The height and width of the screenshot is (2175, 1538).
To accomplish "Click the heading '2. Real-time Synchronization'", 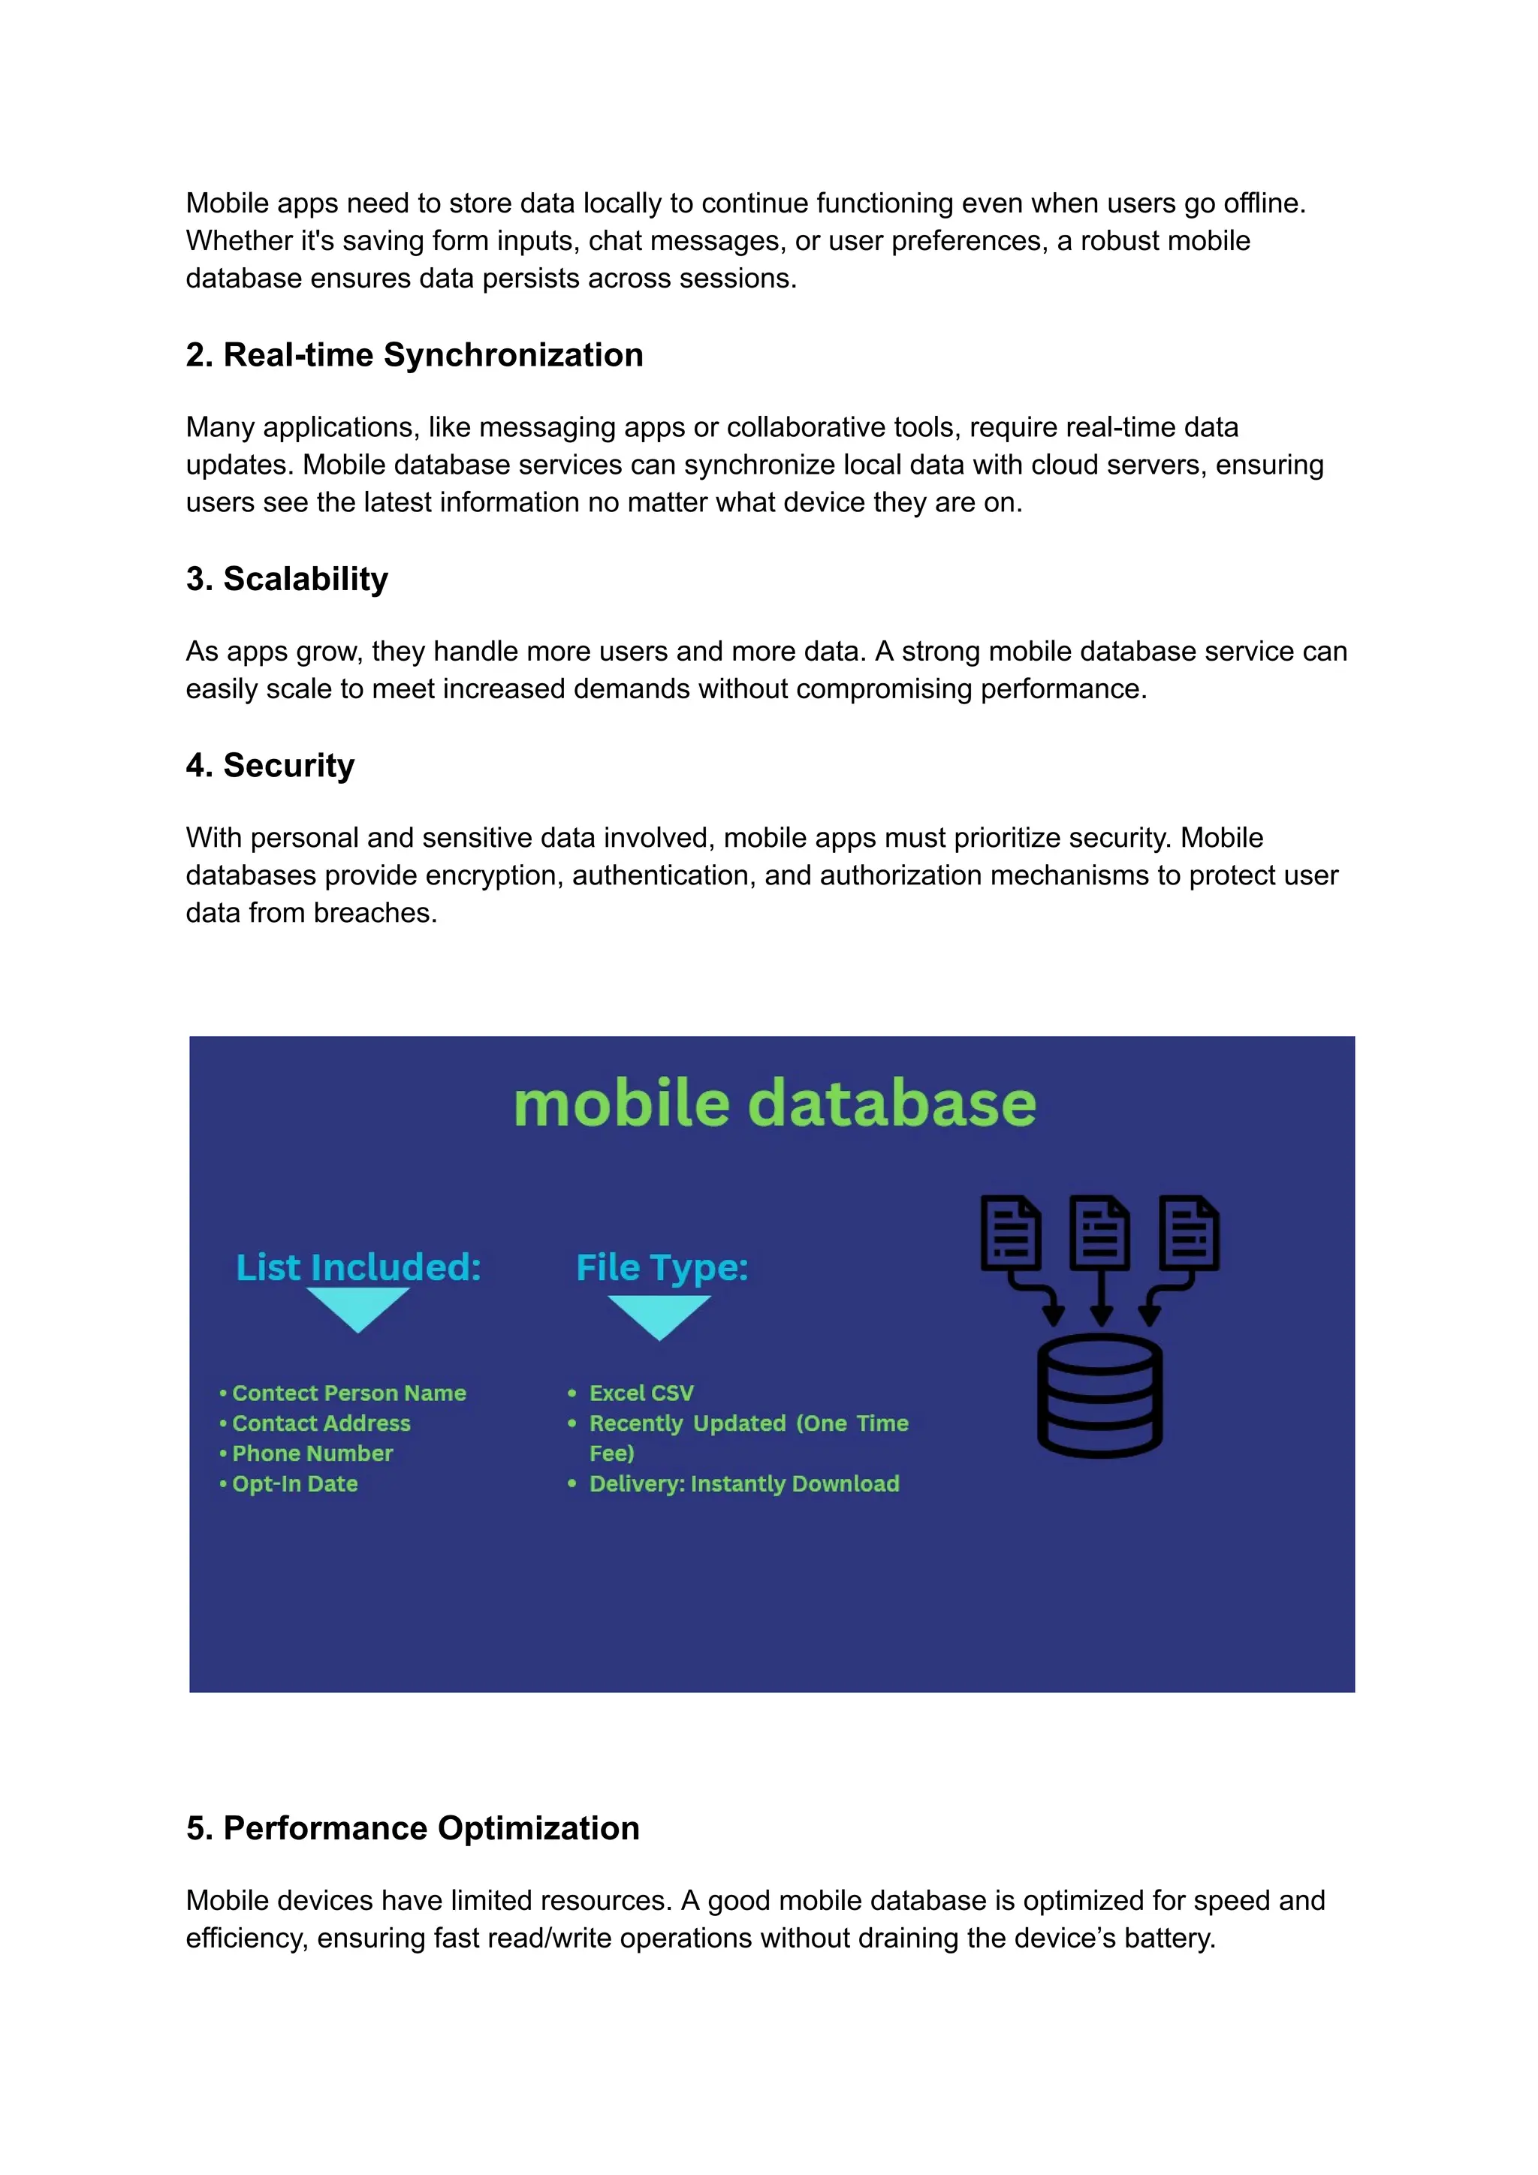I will (x=414, y=355).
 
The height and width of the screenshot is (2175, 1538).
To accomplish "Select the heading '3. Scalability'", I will (x=286, y=579).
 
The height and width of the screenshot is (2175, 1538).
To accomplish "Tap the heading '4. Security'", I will (x=270, y=766).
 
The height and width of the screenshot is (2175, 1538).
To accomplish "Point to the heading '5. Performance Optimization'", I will (x=412, y=1827).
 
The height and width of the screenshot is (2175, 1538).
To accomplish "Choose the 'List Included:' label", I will (x=358, y=1267).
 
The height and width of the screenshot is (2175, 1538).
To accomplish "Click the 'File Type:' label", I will (x=662, y=1267).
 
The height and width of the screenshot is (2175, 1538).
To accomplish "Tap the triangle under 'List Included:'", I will (x=357, y=1307).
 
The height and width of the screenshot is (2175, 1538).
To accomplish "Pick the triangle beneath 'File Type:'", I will (x=659, y=1315).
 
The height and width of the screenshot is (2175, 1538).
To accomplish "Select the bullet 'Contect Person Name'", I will (x=348, y=1393).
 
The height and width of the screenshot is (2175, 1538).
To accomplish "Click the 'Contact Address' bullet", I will (x=321, y=1423).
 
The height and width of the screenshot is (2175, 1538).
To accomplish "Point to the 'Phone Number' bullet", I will (x=312, y=1454).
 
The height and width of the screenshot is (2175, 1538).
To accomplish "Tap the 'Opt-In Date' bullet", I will (x=294, y=1484).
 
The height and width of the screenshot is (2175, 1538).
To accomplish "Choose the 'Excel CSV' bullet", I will (x=641, y=1393).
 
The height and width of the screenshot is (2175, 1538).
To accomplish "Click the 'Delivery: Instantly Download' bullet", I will (x=744, y=1484).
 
